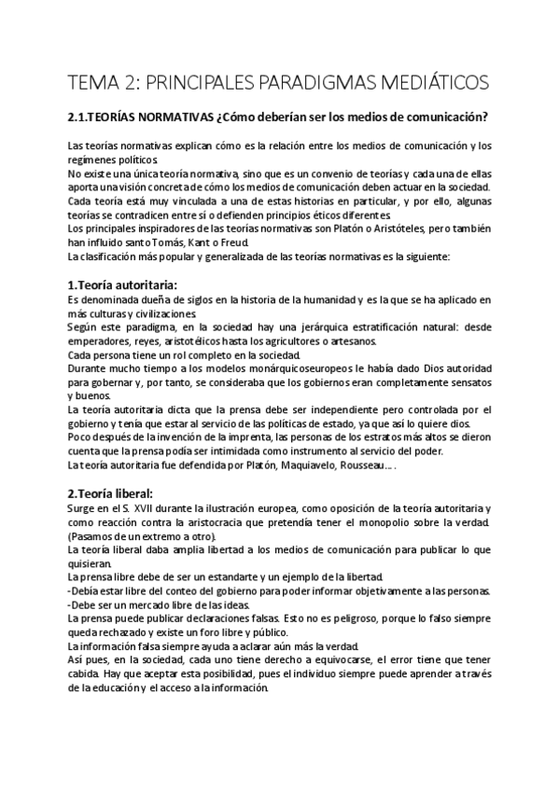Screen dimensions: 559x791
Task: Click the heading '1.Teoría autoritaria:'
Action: (123, 284)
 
